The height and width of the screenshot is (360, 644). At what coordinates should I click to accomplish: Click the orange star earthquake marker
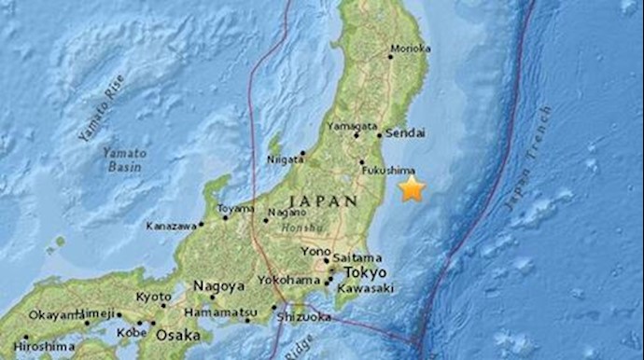(x=412, y=189)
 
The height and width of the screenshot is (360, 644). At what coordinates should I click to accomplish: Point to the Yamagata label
(x=353, y=126)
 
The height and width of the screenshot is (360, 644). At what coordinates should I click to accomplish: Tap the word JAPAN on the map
(x=322, y=200)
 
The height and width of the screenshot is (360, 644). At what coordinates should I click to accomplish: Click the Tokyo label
(x=365, y=272)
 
